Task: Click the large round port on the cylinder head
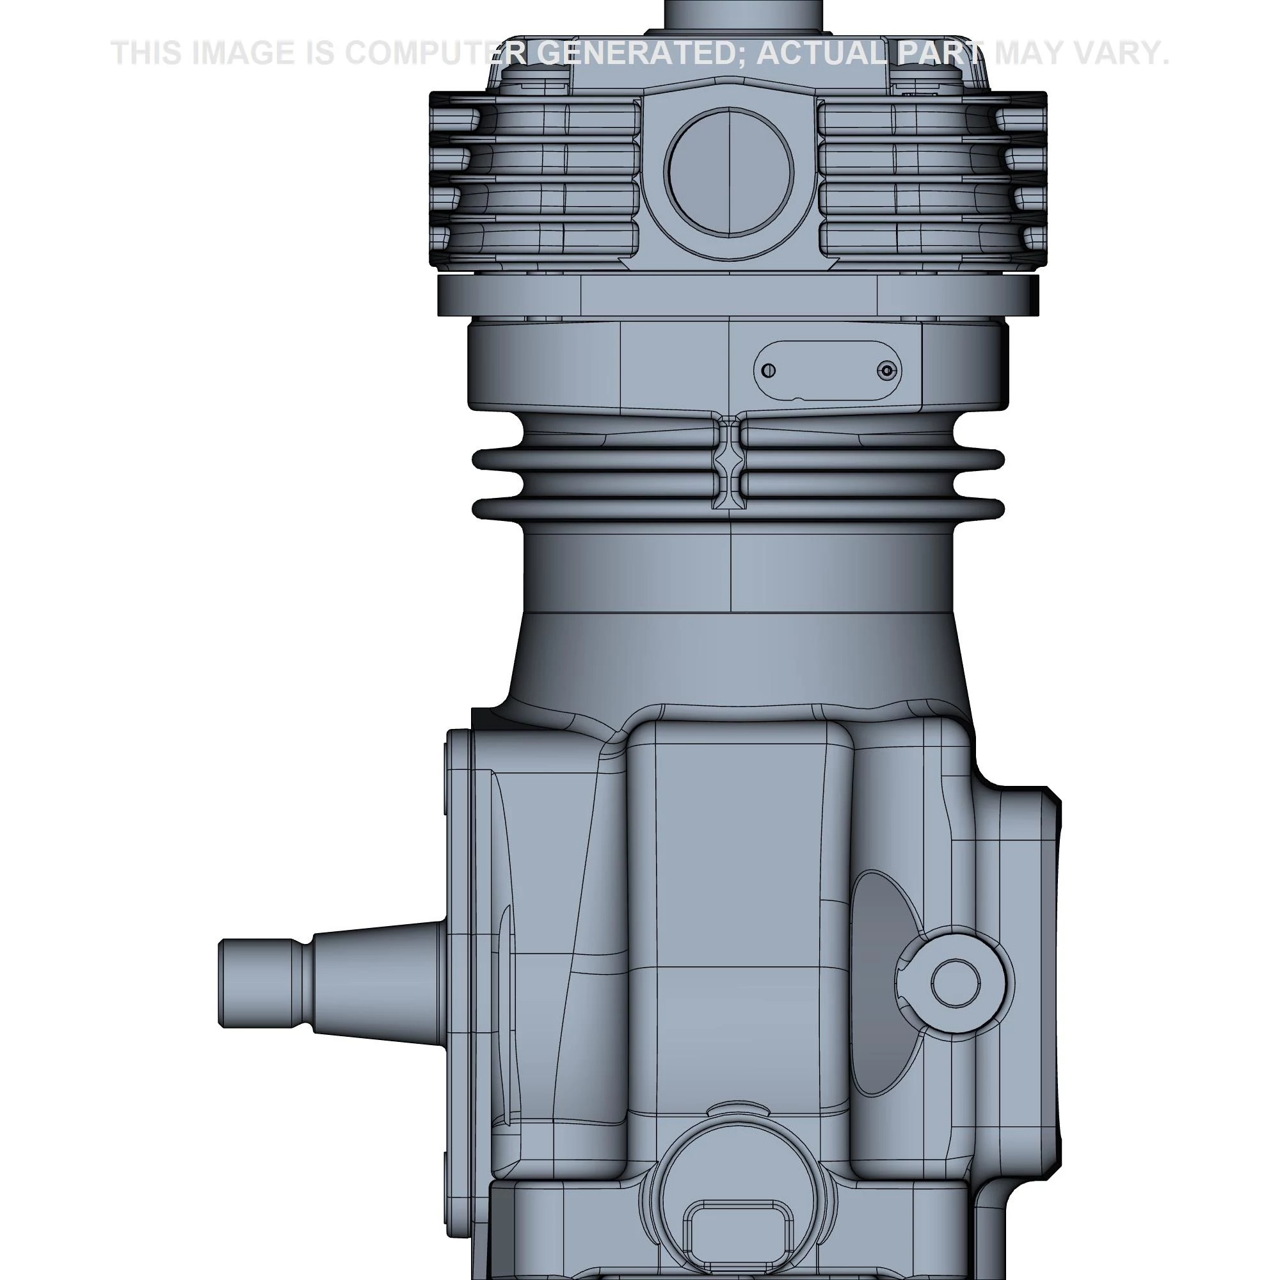pos(729,171)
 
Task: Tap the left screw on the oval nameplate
pos(768,371)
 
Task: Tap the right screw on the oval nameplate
pos(887,371)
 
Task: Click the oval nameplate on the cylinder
pos(827,371)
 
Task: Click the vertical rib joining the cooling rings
pos(729,464)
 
